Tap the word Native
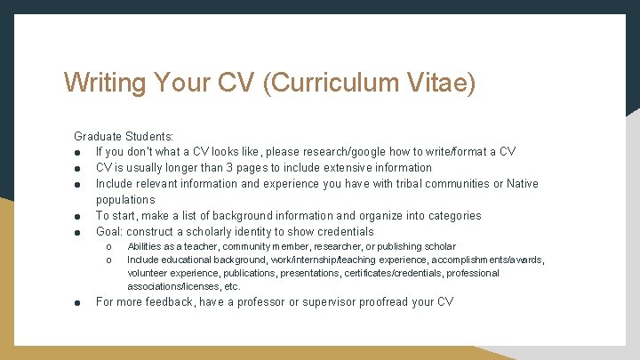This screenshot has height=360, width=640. (x=523, y=184)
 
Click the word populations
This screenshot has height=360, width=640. (x=125, y=200)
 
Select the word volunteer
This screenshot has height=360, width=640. (x=151, y=273)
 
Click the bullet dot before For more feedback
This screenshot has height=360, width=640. (x=78, y=302)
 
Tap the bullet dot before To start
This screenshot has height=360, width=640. (x=78, y=216)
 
